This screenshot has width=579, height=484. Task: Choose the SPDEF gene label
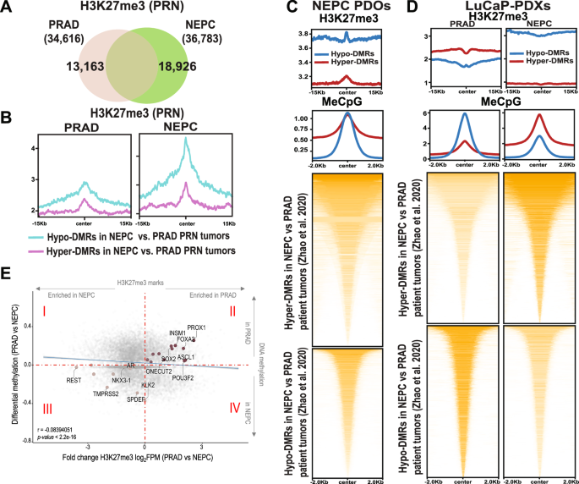coord(136,399)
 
